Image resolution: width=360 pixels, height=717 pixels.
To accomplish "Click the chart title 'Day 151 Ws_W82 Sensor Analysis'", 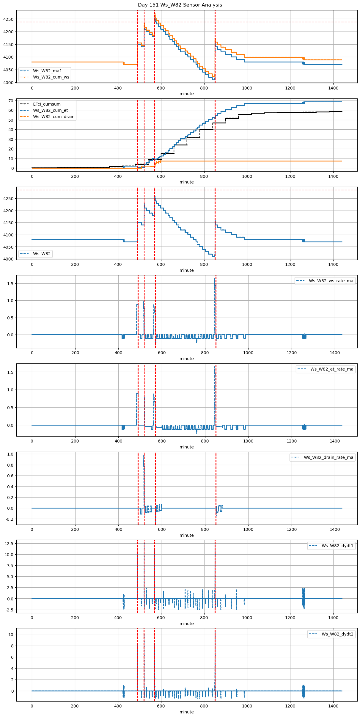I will click(180, 5).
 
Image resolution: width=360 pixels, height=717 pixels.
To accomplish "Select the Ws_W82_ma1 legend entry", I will click(47, 71).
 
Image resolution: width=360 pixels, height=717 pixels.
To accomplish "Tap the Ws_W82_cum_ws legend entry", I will click(51, 77).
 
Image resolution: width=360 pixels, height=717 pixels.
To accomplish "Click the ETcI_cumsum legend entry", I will click(47, 104).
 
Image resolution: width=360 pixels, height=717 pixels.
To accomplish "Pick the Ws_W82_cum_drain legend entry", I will click(54, 117).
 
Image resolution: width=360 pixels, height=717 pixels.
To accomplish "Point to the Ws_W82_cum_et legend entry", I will click(50, 110).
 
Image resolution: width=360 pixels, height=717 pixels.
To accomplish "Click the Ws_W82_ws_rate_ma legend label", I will click(331, 281).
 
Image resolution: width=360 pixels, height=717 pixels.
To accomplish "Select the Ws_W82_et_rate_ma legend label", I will click(332, 369).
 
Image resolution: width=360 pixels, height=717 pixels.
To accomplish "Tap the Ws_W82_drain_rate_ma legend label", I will click(328, 457).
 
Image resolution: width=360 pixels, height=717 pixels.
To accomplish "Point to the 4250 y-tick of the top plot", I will click(8, 19).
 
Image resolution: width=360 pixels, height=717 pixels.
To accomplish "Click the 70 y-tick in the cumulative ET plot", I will click(11, 101).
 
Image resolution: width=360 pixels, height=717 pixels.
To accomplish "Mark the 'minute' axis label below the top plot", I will click(186, 94).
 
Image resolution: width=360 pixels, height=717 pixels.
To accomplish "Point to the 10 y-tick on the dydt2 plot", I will click(11, 634).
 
